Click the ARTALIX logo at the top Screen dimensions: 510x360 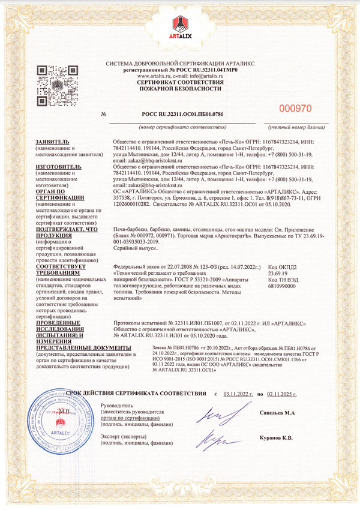click(180, 28)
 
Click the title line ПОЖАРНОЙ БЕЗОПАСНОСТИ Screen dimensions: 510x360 click(181, 88)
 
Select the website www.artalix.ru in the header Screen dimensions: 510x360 click(155, 76)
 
